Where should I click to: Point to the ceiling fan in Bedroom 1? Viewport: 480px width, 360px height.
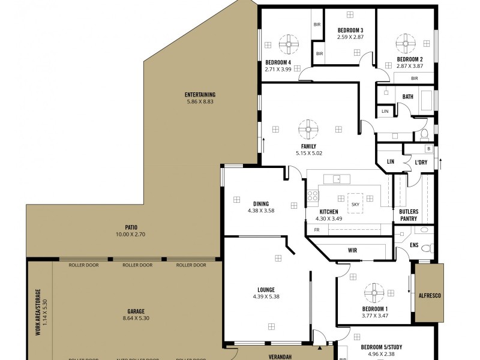373,292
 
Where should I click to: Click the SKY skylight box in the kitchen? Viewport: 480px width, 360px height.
355,204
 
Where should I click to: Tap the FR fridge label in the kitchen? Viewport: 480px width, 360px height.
316,230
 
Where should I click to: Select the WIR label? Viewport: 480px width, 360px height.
353,250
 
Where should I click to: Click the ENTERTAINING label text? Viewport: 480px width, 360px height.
200,95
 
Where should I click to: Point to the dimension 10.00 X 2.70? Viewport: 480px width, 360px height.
131,233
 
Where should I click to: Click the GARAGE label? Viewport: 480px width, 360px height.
136,311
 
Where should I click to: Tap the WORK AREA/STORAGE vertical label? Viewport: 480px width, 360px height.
37,311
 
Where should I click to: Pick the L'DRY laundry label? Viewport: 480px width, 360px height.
421,162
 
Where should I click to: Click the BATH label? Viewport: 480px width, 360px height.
408,97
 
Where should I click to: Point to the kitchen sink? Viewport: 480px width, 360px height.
337,178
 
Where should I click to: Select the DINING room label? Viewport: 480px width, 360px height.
260,203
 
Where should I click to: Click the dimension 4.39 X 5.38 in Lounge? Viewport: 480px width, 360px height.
266,296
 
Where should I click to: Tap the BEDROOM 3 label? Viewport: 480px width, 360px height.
350,30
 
